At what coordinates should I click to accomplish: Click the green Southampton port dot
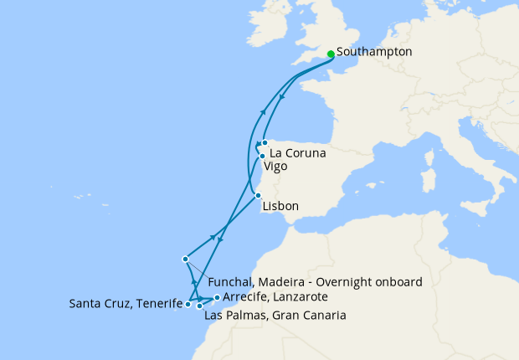pyautogui.click(x=331, y=54)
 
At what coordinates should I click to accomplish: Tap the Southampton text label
pyautogui.click(x=374, y=52)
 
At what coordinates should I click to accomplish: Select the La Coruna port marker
pyautogui.click(x=265, y=143)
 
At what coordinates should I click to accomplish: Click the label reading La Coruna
pyautogui.click(x=297, y=154)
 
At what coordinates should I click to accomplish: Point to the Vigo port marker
pyautogui.click(x=262, y=156)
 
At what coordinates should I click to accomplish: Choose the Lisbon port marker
pyautogui.click(x=258, y=195)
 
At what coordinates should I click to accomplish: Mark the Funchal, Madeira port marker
pyautogui.click(x=185, y=260)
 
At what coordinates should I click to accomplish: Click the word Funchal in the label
pyautogui.click(x=229, y=282)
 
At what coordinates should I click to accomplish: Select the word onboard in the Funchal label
pyautogui.click(x=399, y=282)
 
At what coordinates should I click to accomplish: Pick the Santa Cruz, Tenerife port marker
pyautogui.click(x=188, y=305)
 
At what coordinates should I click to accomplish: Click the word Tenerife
pyautogui.click(x=158, y=304)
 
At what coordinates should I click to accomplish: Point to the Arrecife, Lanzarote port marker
pyautogui.click(x=217, y=297)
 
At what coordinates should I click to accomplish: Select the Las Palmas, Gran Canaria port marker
pyautogui.click(x=199, y=306)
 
